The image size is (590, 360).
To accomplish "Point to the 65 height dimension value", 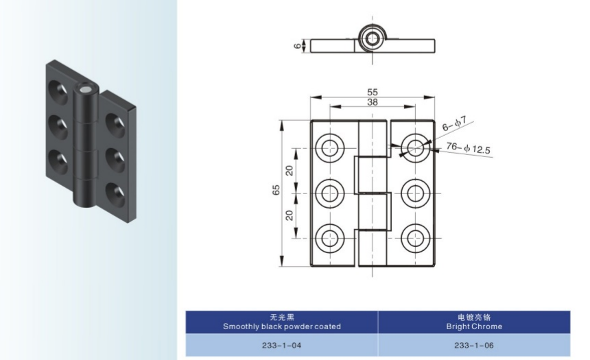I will [276, 191].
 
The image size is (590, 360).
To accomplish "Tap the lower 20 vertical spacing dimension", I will [290, 215].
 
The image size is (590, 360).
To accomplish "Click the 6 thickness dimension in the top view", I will [298, 46].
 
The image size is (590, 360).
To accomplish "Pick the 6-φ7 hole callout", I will [453, 123].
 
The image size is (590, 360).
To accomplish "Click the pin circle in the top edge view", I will [373, 38].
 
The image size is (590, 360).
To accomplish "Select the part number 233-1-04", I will [281, 345].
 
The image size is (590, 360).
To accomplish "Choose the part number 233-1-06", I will [473, 345].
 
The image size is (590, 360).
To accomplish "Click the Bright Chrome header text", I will [473, 326].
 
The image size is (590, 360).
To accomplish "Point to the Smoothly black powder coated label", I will [281, 326].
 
